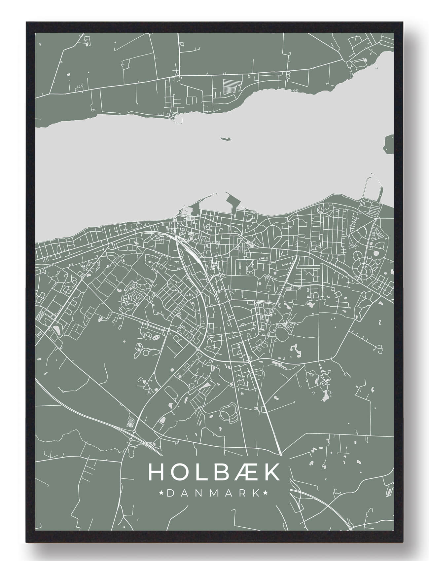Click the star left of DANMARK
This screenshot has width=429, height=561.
tap(162, 493)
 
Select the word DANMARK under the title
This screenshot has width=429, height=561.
tap(213, 493)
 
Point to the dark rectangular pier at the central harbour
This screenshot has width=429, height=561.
tap(231, 201)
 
